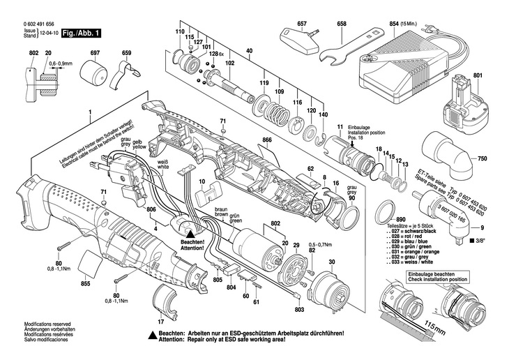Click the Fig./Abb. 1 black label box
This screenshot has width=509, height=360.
pyautogui.click(x=81, y=33)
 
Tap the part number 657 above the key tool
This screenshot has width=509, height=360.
pyautogui.click(x=302, y=24)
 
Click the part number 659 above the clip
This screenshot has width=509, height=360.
pyautogui.click(x=126, y=54)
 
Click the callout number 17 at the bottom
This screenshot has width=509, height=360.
pyautogui.click(x=160, y=322)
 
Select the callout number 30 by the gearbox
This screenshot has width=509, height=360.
pyautogui.click(x=331, y=262)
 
